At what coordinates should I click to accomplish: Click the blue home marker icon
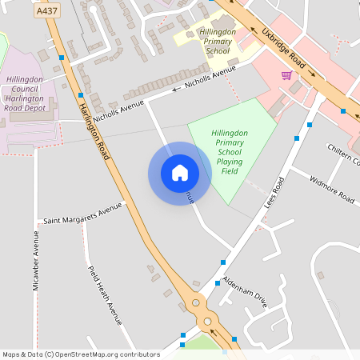(179, 172)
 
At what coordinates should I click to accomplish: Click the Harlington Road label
(94, 125)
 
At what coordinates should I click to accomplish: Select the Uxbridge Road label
(286, 49)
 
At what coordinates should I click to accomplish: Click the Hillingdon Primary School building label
(218, 41)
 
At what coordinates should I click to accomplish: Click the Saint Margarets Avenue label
(83, 213)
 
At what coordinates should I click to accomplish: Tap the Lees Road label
(274, 194)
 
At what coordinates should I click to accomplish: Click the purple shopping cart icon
(286, 75)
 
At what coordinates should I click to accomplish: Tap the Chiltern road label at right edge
(344, 154)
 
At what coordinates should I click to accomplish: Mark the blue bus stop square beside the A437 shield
(62, 58)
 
